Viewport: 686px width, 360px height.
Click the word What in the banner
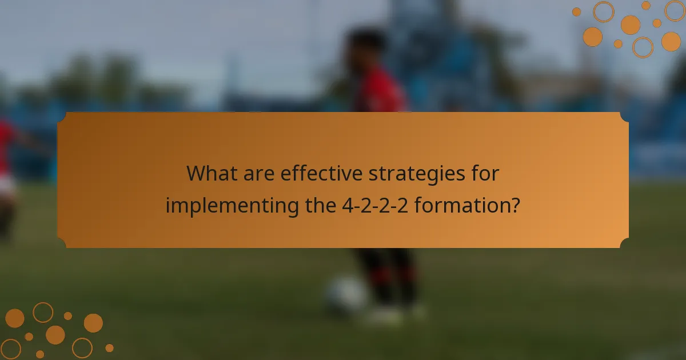(x=211, y=173)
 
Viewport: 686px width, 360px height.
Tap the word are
(x=257, y=173)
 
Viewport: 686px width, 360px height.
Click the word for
(x=484, y=173)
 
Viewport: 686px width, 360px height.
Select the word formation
(x=460, y=205)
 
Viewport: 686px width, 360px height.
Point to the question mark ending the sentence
(x=515, y=205)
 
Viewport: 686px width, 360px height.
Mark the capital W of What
(x=198, y=173)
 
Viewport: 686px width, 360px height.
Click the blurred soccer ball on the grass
(x=346, y=294)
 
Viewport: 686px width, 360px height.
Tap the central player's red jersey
(x=380, y=91)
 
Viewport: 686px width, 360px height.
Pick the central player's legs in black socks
(x=389, y=274)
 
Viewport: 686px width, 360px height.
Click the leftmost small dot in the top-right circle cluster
(x=576, y=12)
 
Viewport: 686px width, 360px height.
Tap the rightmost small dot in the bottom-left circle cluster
(x=109, y=347)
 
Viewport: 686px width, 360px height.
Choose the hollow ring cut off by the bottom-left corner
(x=10, y=349)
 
